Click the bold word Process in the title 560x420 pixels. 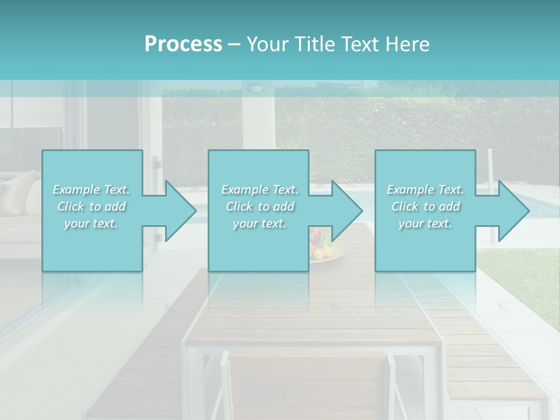click(x=183, y=44)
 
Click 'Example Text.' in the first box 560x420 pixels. click(x=91, y=190)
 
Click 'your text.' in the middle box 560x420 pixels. click(x=259, y=223)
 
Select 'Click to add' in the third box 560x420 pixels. click(x=425, y=206)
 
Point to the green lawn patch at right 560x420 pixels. click(x=525, y=280)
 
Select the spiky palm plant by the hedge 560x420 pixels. click(x=289, y=143)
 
